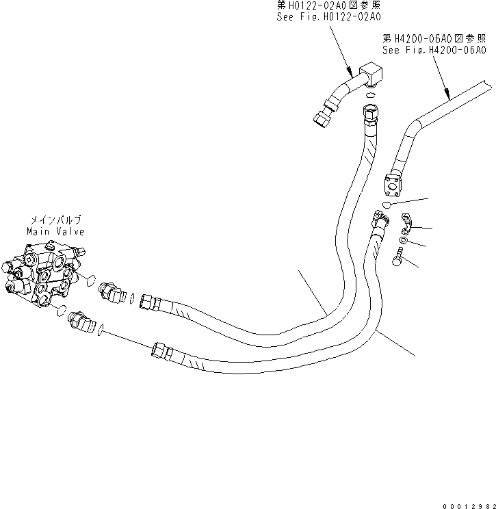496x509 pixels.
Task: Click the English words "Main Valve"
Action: (55, 231)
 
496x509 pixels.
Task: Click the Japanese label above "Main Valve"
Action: (55, 220)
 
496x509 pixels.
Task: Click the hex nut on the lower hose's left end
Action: (160, 350)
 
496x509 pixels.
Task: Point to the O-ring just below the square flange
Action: (387, 205)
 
